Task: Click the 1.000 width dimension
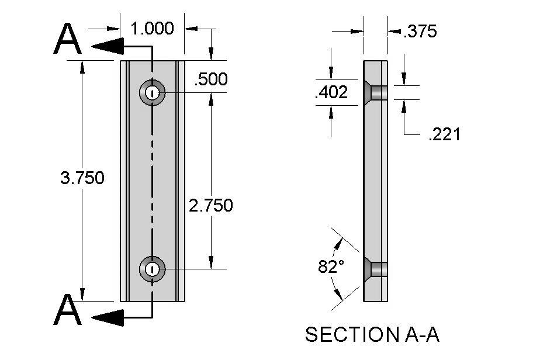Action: [x=152, y=28]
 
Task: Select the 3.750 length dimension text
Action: [x=82, y=178]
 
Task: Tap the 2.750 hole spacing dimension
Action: [x=210, y=205]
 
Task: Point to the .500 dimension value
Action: [x=210, y=79]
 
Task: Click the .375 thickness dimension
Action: [x=420, y=32]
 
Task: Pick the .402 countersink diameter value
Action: [x=331, y=92]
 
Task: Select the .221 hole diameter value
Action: [x=444, y=135]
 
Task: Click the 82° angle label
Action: [x=331, y=267]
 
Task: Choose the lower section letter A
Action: [x=67, y=310]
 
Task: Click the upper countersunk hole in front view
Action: [x=152, y=92]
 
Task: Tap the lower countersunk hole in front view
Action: [x=152, y=269]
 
